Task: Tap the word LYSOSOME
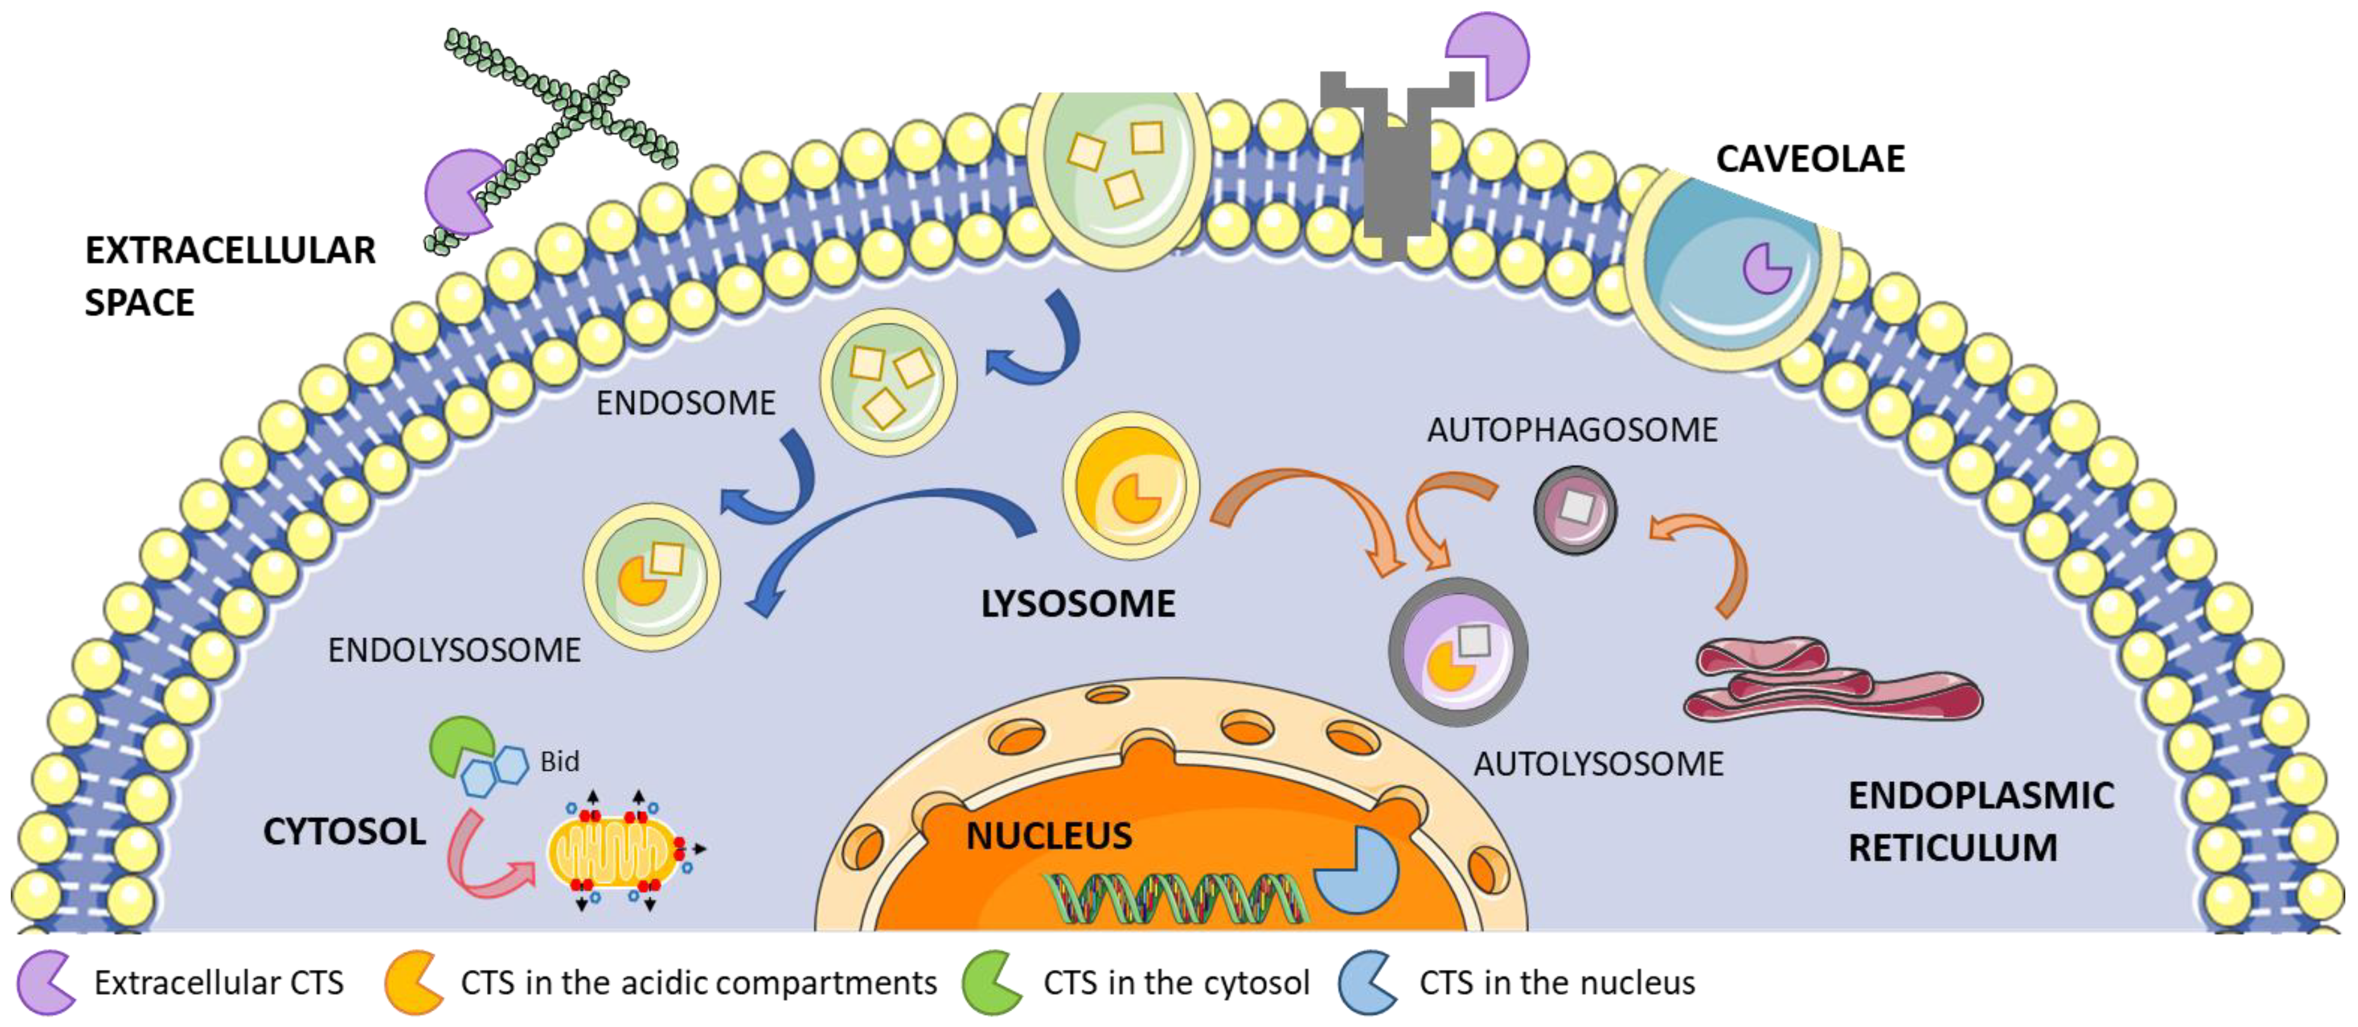coord(1077,604)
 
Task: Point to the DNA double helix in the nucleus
coord(1176,898)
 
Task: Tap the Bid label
coord(559,762)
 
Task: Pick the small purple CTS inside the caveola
coord(1765,267)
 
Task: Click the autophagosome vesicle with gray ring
coord(1575,510)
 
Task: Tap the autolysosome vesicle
coord(1457,652)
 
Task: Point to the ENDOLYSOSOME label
coord(454,650)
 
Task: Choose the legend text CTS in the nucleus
coord(1556,982)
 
